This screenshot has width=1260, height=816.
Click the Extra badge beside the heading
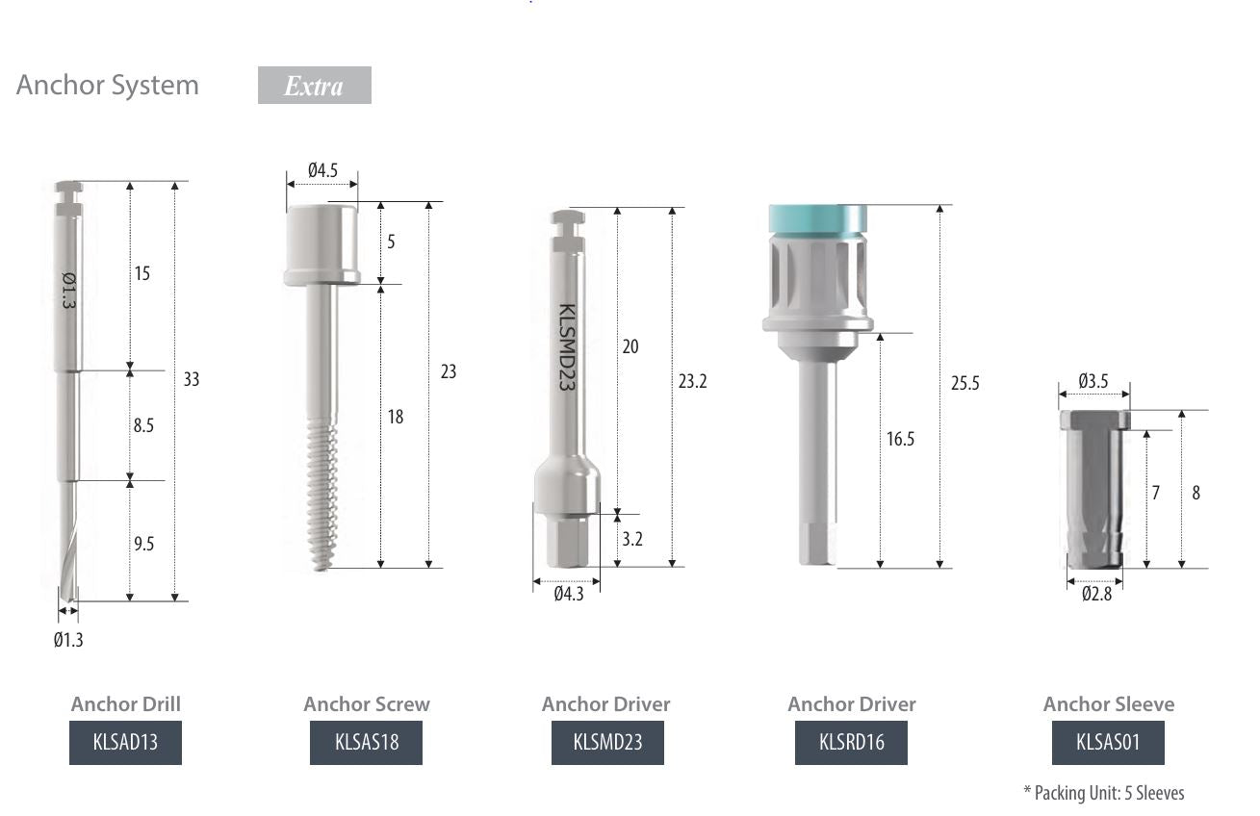[314, 86]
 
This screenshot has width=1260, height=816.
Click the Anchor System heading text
[108, 85]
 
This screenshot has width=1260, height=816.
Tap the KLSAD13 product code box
[125, 743]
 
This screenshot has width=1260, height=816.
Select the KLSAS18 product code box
[366, 743]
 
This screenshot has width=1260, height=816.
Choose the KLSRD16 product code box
[851, 743]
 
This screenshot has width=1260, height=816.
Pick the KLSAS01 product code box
[1108, 743]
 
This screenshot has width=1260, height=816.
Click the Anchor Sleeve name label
[1108, 704]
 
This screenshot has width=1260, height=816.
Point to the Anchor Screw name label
[366, 704]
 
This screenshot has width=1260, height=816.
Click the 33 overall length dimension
[191, 379]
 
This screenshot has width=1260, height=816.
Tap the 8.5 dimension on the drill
[142, 424]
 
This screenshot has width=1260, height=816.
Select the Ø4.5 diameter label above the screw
[322, 170]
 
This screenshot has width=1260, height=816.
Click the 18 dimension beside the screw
[395, 417]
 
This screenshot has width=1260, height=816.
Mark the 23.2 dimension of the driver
[692, 381]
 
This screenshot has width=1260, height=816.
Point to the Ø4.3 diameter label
[568, 595]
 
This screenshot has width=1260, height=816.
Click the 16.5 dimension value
[900, 440]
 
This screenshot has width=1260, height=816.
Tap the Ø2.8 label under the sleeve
[1095, 595]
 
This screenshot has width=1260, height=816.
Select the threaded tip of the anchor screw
[323, 500]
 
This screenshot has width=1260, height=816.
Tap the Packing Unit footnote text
[1103, 793]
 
